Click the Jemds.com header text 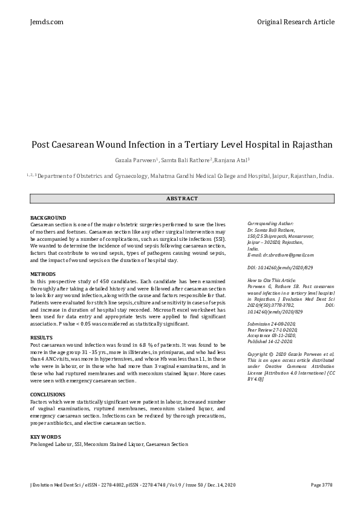47,22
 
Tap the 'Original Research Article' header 295,22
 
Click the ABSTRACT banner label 182,198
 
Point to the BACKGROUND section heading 48,218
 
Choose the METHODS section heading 43,274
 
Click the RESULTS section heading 41,337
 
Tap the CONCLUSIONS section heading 48,394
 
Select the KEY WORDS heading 45,436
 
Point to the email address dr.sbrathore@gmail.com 285,255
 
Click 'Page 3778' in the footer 321,485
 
